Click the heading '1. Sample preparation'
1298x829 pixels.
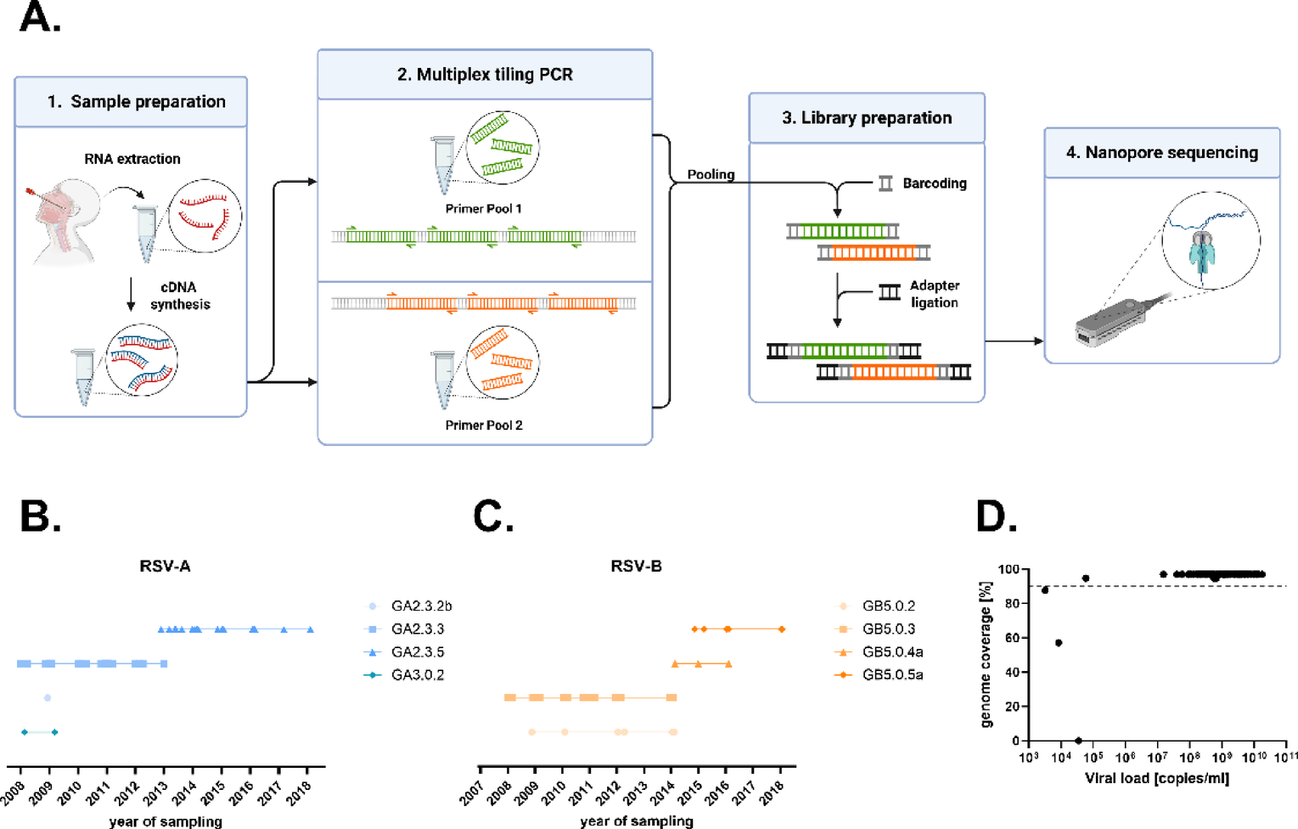coord(136,102)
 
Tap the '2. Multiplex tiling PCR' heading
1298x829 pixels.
coord(485,75)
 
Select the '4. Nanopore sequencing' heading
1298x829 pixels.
coord(1161,153)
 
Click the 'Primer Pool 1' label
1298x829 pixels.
coord(483,209)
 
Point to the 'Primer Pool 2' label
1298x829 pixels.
coord(483,426)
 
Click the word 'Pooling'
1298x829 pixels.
coord(711,174)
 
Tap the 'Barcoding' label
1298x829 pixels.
coord(934,183)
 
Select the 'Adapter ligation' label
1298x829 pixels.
coord(934,294)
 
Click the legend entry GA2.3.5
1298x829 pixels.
coord(417,652)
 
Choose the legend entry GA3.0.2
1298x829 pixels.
coord(417,675)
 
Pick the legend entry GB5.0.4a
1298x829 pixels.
coord(892,652)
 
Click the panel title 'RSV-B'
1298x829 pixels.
coord(636,567)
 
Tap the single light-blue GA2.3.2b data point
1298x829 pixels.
coord(48,698)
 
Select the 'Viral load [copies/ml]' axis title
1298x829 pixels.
coord(1156,778)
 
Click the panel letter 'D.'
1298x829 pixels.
coord(997,517)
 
